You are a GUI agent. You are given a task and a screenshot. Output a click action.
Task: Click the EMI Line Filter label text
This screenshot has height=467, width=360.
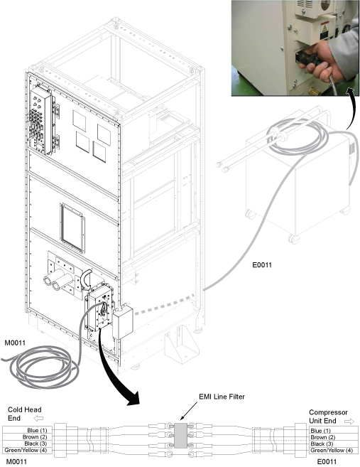pyautogui.click(x=222, y=397)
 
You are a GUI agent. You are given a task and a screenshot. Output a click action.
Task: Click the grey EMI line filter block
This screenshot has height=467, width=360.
pyautogui.click(x=180, y=435)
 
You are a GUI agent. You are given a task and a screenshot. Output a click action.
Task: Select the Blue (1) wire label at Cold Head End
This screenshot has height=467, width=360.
pyautogui.click(x=37, y=430)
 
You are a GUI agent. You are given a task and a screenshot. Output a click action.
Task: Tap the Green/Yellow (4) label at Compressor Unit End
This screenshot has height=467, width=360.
pyautogui.click(x=332, y=451)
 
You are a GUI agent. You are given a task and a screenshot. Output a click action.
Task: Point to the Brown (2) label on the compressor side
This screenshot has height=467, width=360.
pyautogui.click(x=323, y=437)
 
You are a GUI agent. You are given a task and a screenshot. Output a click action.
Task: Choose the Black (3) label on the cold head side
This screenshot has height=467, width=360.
pyautogui.click(x=36, y=444)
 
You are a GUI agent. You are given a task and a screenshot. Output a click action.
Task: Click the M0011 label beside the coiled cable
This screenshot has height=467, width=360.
pyautogui.click(x=15, y=343)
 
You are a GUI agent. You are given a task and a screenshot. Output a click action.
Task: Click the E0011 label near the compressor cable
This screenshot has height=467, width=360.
pyautogui.click(x=262, y=264)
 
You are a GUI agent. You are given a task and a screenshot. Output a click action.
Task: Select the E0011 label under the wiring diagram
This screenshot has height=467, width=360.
pyautogui.click(x=327, y=461)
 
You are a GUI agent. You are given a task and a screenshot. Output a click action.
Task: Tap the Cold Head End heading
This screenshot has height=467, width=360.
pyautogui.click(x=24, y=414)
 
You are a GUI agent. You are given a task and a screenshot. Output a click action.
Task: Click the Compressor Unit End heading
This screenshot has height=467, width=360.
pyautogui.click(x=328, y=417)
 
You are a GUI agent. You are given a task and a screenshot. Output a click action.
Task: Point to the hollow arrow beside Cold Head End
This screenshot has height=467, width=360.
pyautogui.click(x=38, y=419)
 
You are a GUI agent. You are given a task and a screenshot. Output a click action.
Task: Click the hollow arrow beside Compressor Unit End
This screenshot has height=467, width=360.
pyautogui.click(x=349, y=421)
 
